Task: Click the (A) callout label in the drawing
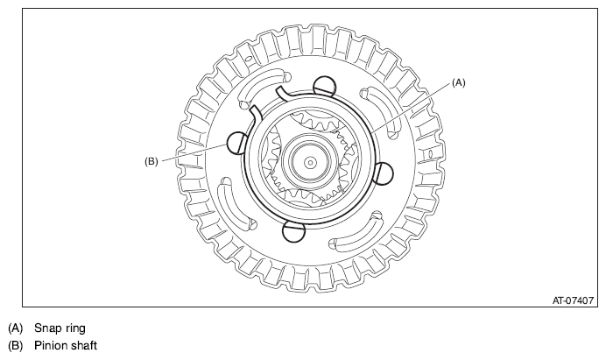tap(458, 82)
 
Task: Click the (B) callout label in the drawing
tap(151, 161)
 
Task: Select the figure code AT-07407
tap(573, 300)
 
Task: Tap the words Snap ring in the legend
tap(60, 328)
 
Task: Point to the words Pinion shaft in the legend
tap(66, 345)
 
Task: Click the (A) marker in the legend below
tap(16, 328)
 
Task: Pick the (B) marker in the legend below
tap(16, 345)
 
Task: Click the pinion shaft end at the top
tap(324, 87)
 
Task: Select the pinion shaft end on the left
tap(237, 143)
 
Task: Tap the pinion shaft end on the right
tap(384, 174)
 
